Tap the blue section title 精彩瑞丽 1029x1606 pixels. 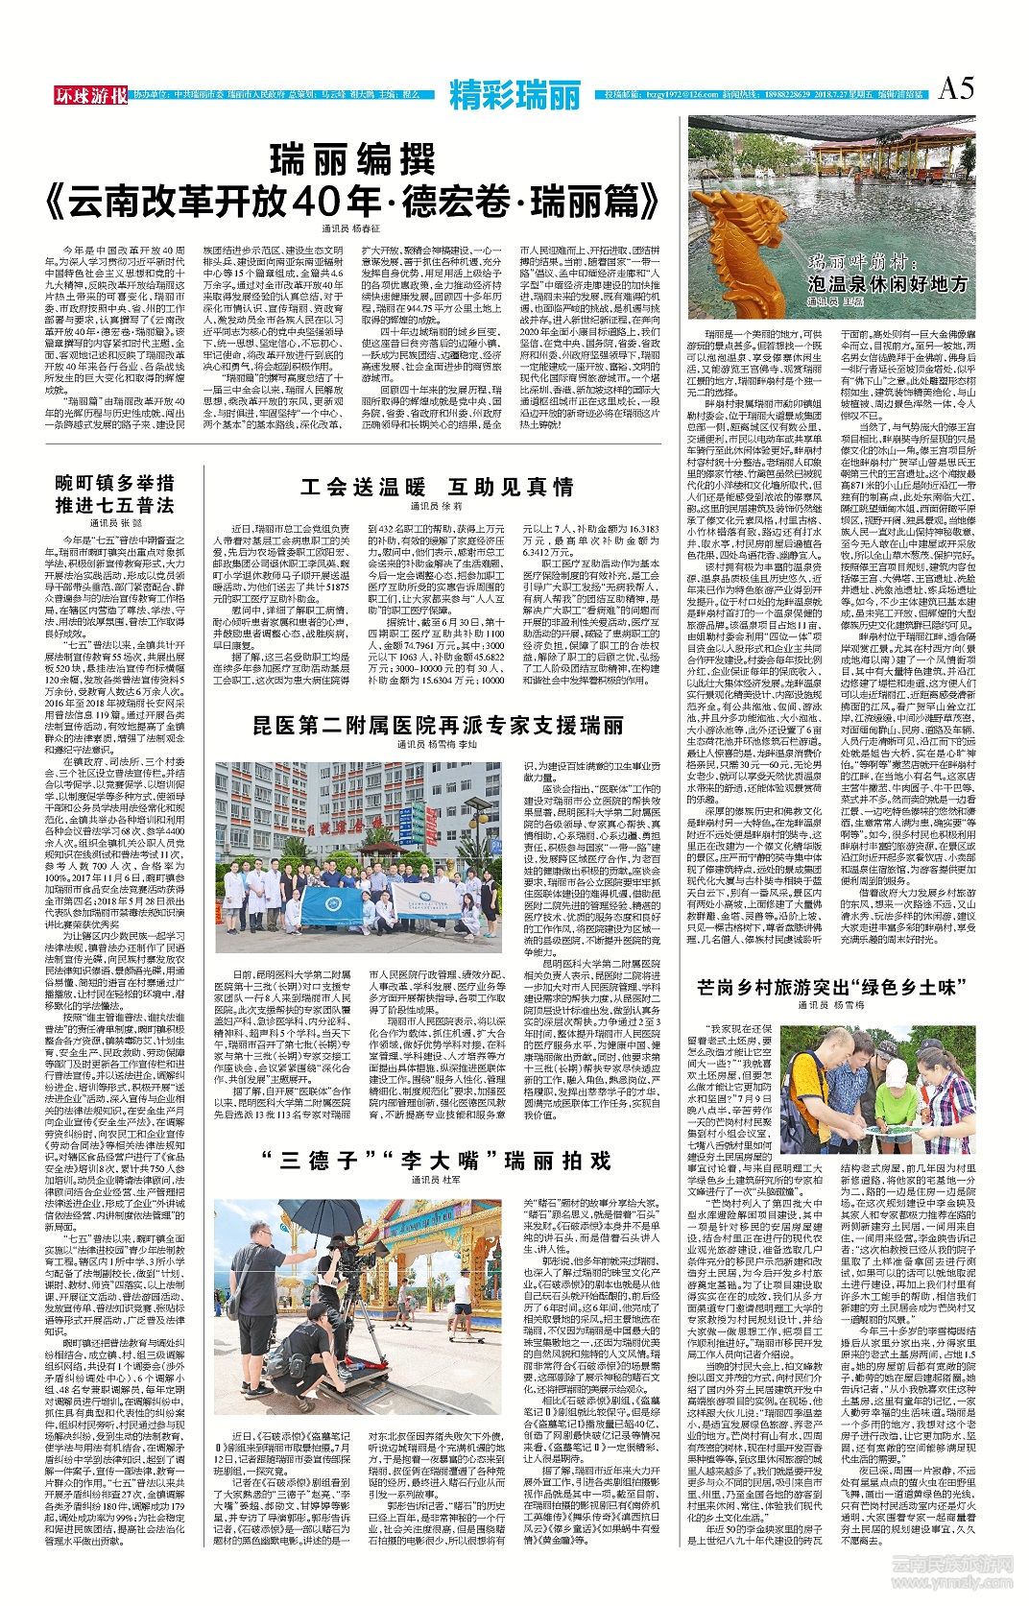pyautogui.click(x=514, y=95)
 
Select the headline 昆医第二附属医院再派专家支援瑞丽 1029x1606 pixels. pyautogui.click(x=439, y=724)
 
